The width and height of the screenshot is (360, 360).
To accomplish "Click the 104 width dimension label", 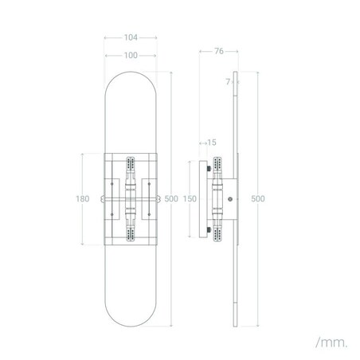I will click(x=133, y=37).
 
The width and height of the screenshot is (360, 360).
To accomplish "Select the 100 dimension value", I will click(x=133, y=55).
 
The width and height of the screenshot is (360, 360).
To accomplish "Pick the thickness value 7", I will click(x=227, y=81).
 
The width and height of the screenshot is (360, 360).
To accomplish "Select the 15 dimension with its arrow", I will click(x=209, y=143).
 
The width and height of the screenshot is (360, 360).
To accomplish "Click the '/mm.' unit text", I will click(x=331, y=342).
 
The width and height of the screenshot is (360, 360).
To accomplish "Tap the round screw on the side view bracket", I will click(x=230, y=199).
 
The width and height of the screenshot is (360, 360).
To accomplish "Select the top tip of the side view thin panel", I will click(x=237, y=75).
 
